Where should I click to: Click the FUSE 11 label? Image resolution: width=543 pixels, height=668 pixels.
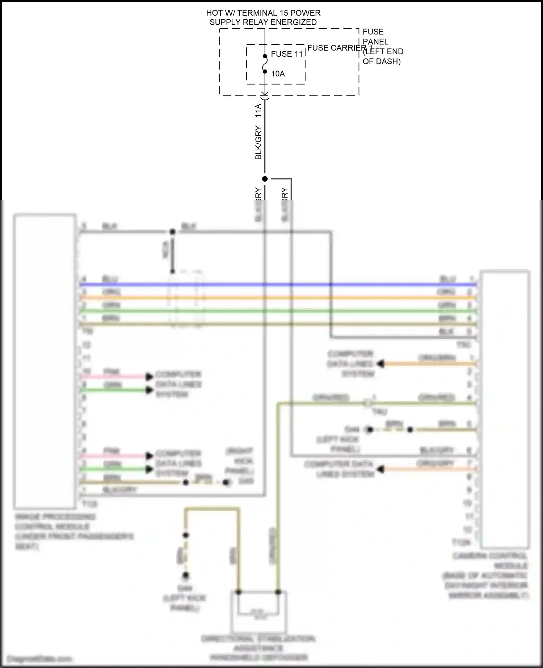pyautogui.click(x=286, y=54)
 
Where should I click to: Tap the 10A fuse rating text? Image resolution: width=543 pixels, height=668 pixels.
pyautogui.click(x=278, y=74)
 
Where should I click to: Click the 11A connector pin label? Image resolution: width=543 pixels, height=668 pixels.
pyautogui.click(x=258, y=110)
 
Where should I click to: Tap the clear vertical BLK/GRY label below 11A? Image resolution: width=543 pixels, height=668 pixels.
pyautogui.click(x=258, y=143)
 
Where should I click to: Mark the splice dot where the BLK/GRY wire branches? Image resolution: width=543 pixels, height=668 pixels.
pyautogui.click(x=265, y=179)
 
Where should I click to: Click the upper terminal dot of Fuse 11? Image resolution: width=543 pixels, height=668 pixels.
pyautogui.click(x=265, y=56)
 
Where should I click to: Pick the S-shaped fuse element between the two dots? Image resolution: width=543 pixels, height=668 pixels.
pyautogui.click(x=265, y=64)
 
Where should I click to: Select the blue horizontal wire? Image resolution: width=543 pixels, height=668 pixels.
pyautogui.click(x=275, y=285)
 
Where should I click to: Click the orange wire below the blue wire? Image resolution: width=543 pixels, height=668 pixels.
pyautogui.click(x=275, y=298)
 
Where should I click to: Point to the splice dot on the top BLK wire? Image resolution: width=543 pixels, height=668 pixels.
pyautogui.click(x=173, y=232)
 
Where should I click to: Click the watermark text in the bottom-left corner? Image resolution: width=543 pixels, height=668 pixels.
pyautogui.click(x=39, y=659)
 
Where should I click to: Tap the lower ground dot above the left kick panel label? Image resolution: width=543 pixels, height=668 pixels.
pyautogui.click(x=186, y=575)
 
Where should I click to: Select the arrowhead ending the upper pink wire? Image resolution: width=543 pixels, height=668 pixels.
pyautogui.click(x=149, y=377)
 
